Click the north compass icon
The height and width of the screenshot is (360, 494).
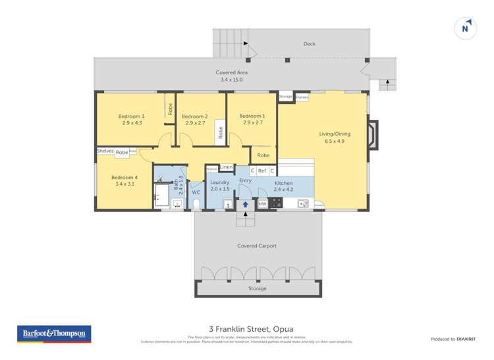click(x=466, y=29)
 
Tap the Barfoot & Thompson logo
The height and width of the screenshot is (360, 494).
click(x=55, y=334)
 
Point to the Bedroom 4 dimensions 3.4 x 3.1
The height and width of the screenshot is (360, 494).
click(x=124, y=184)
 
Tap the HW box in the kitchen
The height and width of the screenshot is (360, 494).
click(x=262, y=204)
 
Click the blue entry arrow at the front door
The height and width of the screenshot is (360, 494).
click(x=245, y=205)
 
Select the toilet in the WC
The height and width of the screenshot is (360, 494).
click(x=196, y=203)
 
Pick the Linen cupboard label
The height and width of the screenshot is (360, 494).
click(x=226, y=167)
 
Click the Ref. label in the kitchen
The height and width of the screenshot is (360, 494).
click(x=262, y=170)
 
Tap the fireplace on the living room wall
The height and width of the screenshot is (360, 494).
click(x=372, y=134)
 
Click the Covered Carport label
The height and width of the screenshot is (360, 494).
click(x=257, y=246)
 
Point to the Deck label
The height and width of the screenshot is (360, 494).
click(x=309, y=44)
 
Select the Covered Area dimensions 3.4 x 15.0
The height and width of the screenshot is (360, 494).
click(x=231, y=80)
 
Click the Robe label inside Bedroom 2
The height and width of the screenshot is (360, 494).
click(x=221, y=131)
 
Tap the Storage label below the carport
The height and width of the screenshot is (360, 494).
click(x=257, y=288)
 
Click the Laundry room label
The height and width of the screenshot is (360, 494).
click(x=219, y=182)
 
